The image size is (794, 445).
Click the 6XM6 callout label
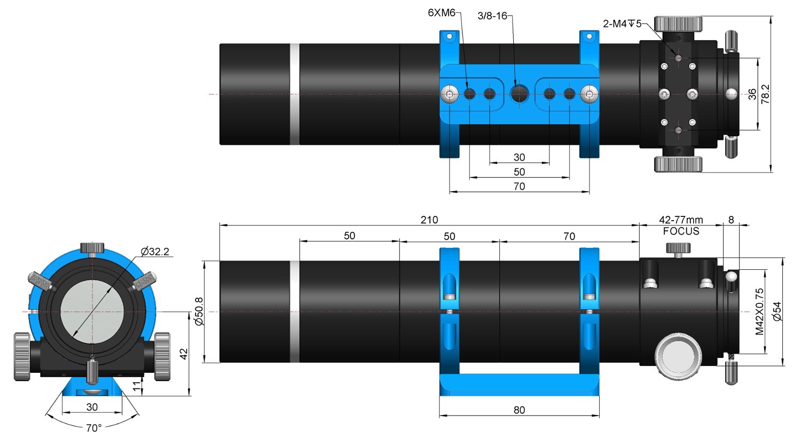pyautogui.click(x=441, y=13)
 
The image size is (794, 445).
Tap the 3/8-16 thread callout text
pyautogui.click(x=492, y=16)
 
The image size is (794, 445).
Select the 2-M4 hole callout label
pyautogui.click(x=622, y=24)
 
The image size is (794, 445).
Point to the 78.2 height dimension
pyautogui.click(x=765, y=94)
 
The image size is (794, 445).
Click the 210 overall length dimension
pyautogui.click(x=429, y=220)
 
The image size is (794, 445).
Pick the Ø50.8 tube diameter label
pyautogui.click(x=199, y=311)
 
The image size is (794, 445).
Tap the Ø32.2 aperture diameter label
pyautogui.click(x=155, y=252)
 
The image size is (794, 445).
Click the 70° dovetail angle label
pyautogui.click(x=94, y=428)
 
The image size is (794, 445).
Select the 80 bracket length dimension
pyautogui.click(x=519, y=410)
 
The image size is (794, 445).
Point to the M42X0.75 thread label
pyautogui.click(x=759, y=311)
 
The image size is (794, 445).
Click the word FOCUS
pyautogui.click(x=681, y=231)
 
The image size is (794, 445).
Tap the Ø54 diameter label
pyautogui.click(x=777, y=311)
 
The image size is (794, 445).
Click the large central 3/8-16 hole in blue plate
pyautogui.click(x=520, y=94)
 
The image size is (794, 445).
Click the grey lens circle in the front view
pyautogui.click(x=92, y=311)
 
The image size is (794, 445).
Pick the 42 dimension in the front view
pyautogui.click(x=184, y=354)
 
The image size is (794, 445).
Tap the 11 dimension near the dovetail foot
pyautogui.click(x=137, y=386)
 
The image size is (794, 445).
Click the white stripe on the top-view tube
pyautogui.click(x=295, y=95)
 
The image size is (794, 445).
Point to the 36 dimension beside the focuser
pyautogui.click(x=752, y=94)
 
